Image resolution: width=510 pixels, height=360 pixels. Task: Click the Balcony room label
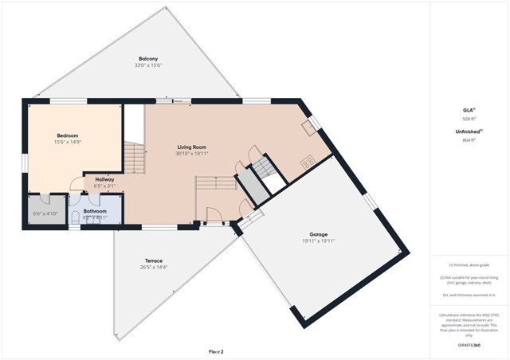pyautogui.click(x=147, y=59)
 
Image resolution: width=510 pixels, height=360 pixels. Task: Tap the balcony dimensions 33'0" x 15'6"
pyautogui.click(x=147, y=65)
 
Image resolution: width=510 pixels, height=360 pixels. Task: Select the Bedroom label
pyautogui.click(x=67, y=135)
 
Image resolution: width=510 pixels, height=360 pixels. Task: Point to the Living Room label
pyautogui.click(x=191, y=147)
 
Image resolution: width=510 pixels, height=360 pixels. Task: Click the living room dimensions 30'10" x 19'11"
pyautogui.click(x=191, y=154)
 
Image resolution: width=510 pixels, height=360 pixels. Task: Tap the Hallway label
pyautogui.click(x=105, y=180)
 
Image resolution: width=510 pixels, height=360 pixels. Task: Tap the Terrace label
pyautogui.click(x=153, y=260)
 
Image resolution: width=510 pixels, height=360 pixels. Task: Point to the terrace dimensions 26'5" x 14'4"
pyautogui.click(x=153, y=267)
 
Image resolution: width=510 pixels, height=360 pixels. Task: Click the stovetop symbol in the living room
pyautogui.click(x=307, y=162)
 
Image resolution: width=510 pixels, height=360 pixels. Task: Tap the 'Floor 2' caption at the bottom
pyautogui.click(x=216, y=351)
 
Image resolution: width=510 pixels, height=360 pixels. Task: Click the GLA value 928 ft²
pyautogui.click(x=469, y=119)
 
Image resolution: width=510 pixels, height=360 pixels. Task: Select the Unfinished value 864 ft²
pyautogui.click(x=469, y=139)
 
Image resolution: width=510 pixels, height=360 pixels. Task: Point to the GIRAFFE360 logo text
pyautogui.click(x=469, y=346)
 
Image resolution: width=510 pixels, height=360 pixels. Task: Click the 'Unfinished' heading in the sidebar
pyautogui.click(x=468, y=131)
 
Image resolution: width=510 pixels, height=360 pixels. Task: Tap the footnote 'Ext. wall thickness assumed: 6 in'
pyautogui.click(x=469, y=295)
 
